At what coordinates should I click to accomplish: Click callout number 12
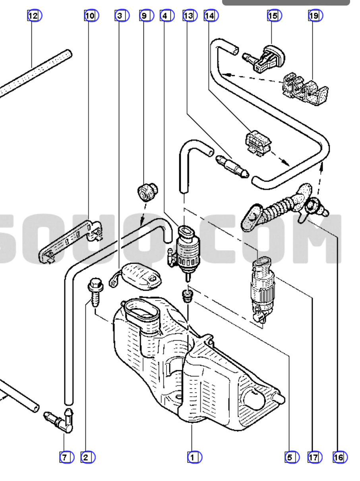[x=33, y=16]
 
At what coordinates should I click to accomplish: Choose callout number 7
[x=66, y=458]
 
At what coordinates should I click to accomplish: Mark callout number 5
[x=291, y=458]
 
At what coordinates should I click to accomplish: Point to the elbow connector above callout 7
[x=62, y=420]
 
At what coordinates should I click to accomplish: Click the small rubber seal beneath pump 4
[x=186, y=295]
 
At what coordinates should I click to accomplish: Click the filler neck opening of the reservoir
[x=141, y=312]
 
